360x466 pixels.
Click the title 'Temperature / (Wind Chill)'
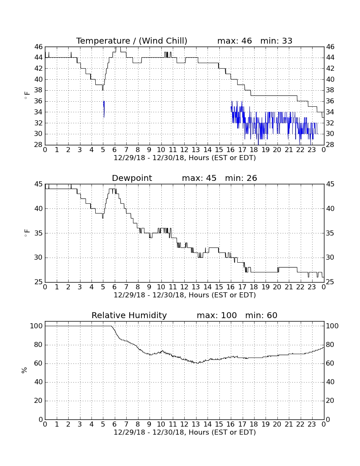tap(132, 41)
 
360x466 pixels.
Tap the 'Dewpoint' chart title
tap(132, 178)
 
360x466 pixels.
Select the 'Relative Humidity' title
tap(129, 315)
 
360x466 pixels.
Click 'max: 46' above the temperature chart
tap(235, 41)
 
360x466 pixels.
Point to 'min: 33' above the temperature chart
tap(276, 41)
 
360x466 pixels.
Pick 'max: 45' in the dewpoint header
tap(199, 178)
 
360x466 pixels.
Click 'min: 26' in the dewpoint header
tap(241, 178)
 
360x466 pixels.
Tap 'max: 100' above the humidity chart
tap(217, 315)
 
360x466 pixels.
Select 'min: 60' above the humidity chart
tap(261, 315)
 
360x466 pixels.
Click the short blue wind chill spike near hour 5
tap(104, 109)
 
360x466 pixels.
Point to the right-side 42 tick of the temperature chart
tap(330, 68)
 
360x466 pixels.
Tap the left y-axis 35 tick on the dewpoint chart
tap(38, 233)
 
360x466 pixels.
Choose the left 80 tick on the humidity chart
tap(38, 345)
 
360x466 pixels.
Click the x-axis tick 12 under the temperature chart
tap(184, 150)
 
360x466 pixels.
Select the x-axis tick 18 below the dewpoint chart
tap(254, 287)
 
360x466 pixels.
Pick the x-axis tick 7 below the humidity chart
tap(126, 424)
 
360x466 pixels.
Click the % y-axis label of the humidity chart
tap(25, 370)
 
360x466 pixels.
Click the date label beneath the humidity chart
tap(185, 432)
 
